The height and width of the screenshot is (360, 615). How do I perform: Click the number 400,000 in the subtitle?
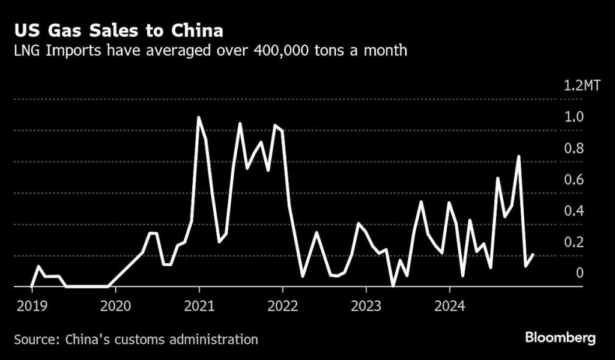tap(265, 50)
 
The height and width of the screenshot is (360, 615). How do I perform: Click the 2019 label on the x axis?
tap(31, 305)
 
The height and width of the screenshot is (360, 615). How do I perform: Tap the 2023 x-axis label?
tap(366, 305)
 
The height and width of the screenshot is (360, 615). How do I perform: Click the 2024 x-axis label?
tap(450, 305)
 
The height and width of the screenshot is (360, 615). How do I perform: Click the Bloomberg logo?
tap(560, 338)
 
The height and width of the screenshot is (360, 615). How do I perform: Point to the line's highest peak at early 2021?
tap(199, 117)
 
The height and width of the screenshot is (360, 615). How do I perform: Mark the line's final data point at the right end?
tap(533, 255)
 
